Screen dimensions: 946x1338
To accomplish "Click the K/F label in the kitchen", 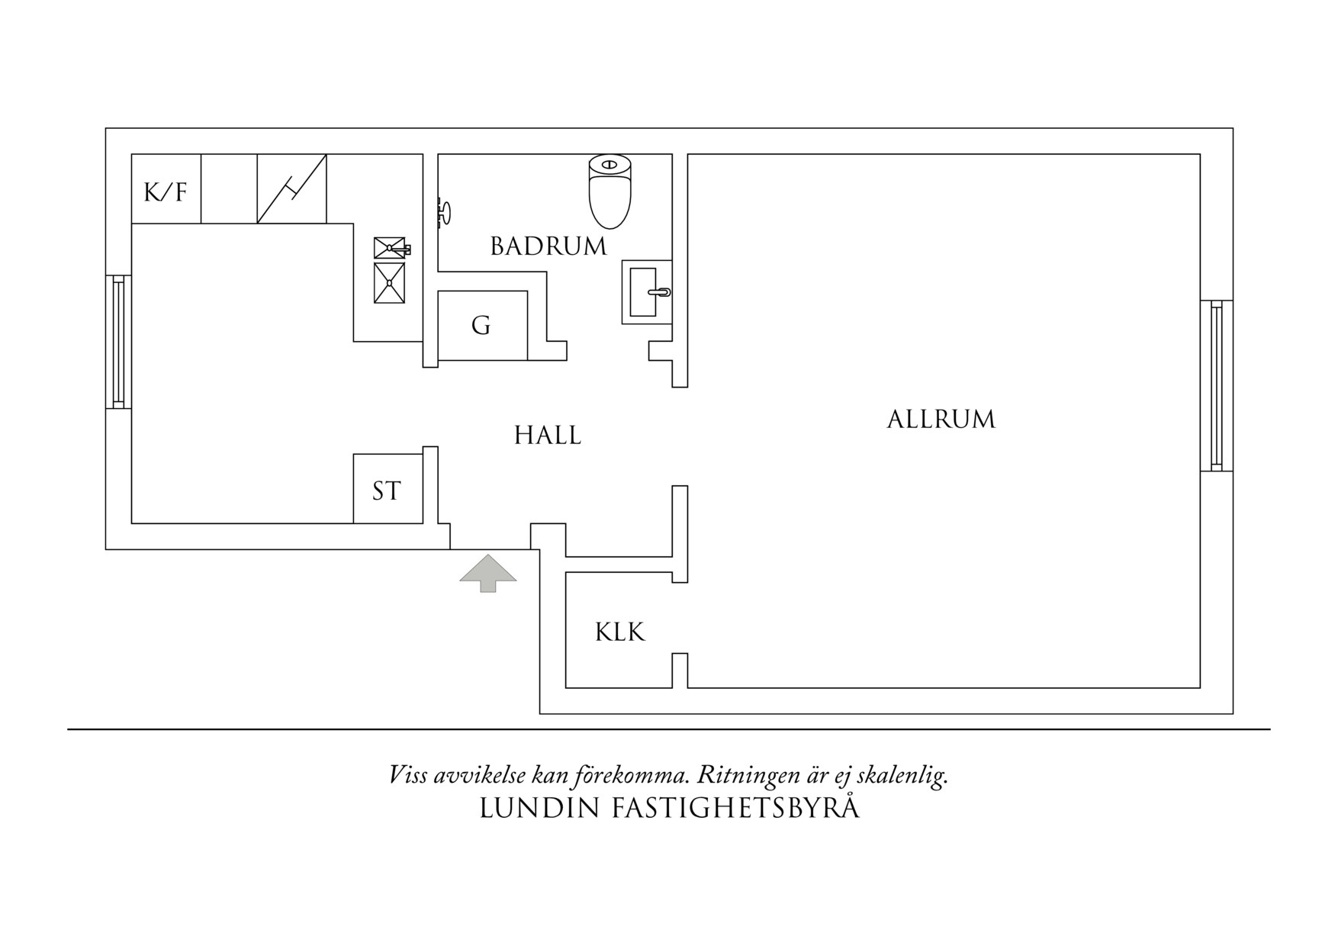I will point(166,191).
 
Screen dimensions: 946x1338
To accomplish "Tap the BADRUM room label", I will point(548,246).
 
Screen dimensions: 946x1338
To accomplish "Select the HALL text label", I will point(547,436).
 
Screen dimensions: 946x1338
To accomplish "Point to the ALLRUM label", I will point(941,420).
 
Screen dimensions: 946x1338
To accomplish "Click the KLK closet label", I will point(619,632).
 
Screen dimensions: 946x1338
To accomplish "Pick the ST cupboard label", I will point(386,491).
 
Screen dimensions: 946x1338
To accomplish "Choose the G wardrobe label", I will point(481,326).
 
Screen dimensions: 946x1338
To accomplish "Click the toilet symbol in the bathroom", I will point(610,191).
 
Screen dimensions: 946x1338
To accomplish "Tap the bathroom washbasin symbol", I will point(645,291).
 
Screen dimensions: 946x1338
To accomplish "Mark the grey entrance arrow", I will point(487,572).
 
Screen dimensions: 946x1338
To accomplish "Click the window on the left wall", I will point(118,342).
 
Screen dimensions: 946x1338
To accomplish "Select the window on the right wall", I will point(1216,385).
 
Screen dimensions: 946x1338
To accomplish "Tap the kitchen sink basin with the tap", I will point(390,248).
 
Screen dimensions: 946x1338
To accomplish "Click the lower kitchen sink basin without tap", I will point(389,282).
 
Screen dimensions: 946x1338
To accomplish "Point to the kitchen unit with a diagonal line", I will point(291,189).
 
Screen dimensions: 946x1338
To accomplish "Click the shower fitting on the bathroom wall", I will point(444,211).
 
